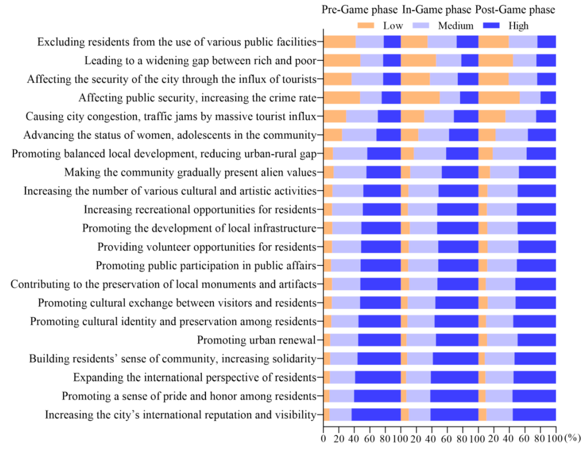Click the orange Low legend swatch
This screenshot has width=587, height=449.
365,26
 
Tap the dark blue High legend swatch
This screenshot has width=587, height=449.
491,26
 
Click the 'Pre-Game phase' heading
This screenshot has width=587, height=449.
359,10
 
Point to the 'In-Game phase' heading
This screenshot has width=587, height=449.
437,10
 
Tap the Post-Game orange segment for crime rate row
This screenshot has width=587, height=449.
499,98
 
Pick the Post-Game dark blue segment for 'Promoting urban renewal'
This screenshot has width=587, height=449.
536,340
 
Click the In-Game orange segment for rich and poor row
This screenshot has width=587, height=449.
418,61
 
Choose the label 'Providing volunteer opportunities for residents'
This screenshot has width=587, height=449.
207,247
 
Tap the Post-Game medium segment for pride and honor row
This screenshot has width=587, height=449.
499,396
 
